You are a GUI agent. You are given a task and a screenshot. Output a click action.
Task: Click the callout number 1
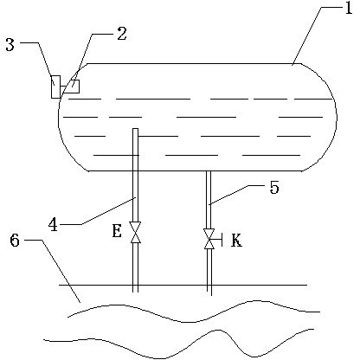tap(349, 8)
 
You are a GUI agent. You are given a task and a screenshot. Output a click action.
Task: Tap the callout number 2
tap(122, 34)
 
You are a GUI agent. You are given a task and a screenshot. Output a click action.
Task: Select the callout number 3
tap(10, 45)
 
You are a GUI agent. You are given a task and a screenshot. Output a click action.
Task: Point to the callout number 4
tap(53, 225)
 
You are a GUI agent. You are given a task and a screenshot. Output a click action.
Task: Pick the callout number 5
tap(274, 188)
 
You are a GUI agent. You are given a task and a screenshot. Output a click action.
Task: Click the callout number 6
tap(15, 240)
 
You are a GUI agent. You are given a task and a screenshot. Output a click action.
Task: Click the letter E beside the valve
tap(117, 231)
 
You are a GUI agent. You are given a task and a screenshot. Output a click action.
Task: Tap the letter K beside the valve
tap(236, 241)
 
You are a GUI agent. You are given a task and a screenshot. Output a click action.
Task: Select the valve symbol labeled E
tap(135, 232)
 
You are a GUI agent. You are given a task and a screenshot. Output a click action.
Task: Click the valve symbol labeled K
tap(209, 239)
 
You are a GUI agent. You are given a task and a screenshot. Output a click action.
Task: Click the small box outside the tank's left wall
tap(55, 87)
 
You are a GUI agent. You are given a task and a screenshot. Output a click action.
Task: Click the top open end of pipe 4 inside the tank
tap(135, 129)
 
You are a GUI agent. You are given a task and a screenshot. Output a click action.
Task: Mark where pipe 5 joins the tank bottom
tap(209, 171)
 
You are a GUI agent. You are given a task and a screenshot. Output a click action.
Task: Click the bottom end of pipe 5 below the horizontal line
tap(209, 295)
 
